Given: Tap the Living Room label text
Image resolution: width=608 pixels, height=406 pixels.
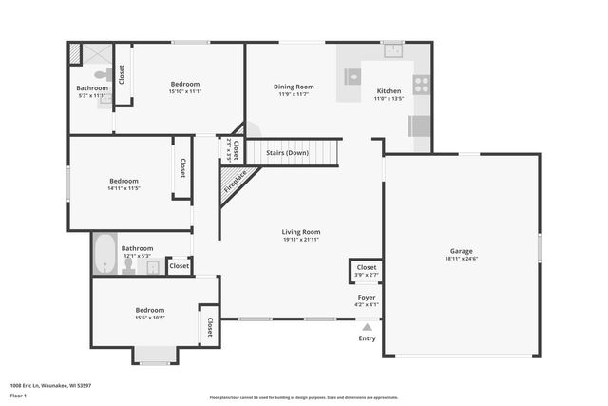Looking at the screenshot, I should (x=300, y=232).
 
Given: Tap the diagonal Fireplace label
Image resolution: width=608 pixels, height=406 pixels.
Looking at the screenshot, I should (x=235, y=182).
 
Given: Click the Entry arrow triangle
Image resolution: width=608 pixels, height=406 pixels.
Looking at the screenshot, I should (x=367, y=326).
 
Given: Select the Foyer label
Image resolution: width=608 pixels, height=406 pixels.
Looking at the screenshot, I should (x=367, y=297).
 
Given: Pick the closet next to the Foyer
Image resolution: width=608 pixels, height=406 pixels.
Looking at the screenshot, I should (x=366, y=271).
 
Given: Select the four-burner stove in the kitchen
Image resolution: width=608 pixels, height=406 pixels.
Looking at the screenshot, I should (x=421, y=84).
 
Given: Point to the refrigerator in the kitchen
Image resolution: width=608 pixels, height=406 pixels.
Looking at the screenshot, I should (x=420, y=126).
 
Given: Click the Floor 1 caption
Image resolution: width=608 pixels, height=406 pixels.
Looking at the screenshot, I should (x=18, y=395).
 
